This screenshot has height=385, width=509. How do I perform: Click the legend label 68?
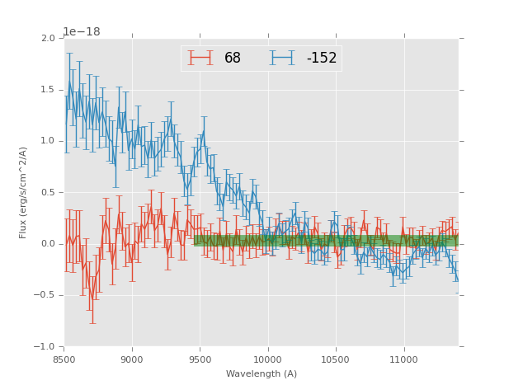(233, 59)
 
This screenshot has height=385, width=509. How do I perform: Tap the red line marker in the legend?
(200, 58)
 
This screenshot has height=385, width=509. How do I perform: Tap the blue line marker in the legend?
(283, 58)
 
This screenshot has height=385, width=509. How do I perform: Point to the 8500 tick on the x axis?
(64, 359)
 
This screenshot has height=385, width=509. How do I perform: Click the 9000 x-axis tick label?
(132, 359)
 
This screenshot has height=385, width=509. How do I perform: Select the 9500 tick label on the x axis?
(200, 359)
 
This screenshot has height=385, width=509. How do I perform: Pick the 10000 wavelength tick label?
(267, 359)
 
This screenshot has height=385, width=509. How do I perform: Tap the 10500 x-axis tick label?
(336, 359)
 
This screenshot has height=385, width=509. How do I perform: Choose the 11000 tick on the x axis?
(403, 359)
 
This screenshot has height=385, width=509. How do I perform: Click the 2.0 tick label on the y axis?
(48, 39)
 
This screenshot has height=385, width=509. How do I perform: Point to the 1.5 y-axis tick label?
(48, 90)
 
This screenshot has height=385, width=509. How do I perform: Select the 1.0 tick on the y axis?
(48, 141)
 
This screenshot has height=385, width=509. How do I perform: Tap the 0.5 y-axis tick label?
(48, 193)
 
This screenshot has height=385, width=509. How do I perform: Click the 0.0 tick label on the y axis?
(48, 244)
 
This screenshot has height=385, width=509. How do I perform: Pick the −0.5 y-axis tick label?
(45, 295)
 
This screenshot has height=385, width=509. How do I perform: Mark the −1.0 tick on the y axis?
(45, 347)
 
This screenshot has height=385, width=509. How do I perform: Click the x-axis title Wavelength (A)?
(262, 373)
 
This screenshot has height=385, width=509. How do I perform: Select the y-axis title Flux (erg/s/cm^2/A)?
(24, 192)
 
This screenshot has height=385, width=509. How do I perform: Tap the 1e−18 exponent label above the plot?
(82, 31)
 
